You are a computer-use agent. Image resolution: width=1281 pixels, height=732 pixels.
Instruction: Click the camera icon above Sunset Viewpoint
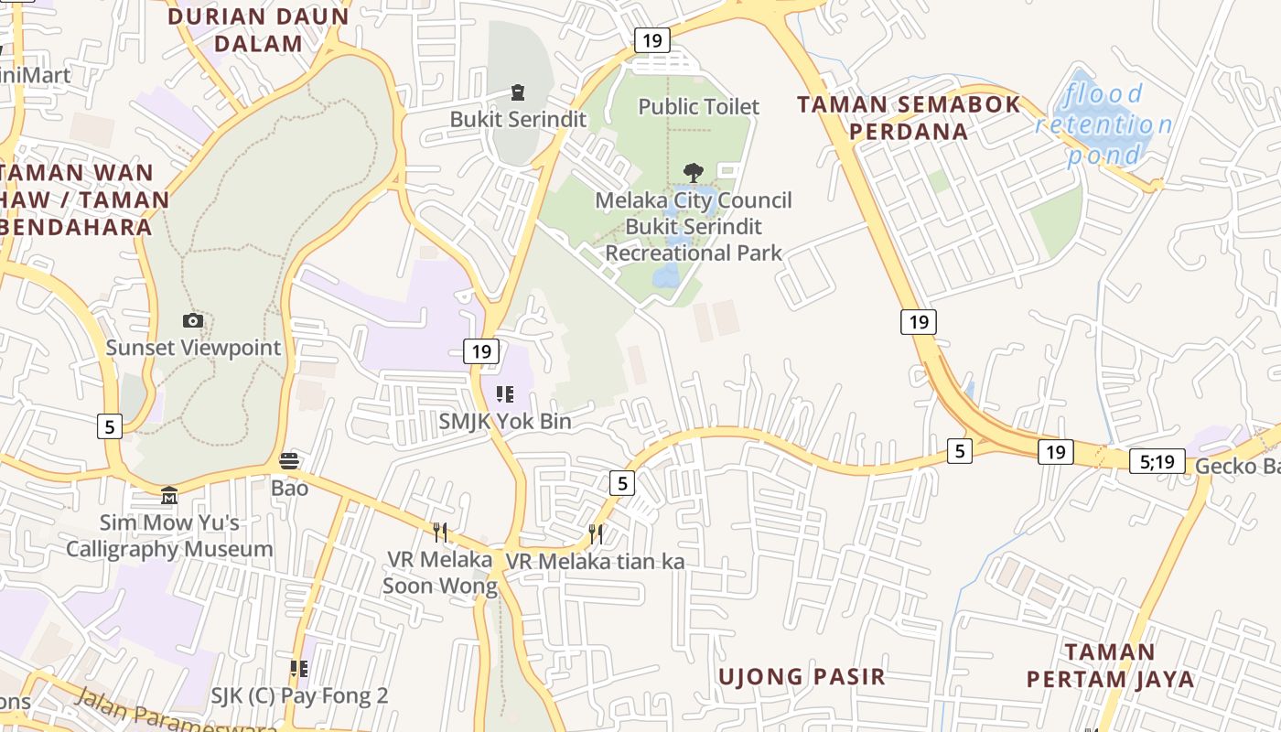(x=193, y=320)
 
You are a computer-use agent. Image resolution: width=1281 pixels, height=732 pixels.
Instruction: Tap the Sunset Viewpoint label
(x=193, y=348)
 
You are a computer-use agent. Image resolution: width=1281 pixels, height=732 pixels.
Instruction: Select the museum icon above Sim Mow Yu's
(x=169, y=496)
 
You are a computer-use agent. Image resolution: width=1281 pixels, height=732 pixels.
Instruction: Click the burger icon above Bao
(x=289, y=460)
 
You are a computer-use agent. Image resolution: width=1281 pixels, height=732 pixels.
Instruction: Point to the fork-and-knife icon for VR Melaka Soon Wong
(x=440, y=532)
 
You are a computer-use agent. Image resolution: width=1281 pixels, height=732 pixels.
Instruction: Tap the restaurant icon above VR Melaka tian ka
(x=596, y=533)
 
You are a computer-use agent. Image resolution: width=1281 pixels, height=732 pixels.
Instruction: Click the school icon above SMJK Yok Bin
(x=504, y=394)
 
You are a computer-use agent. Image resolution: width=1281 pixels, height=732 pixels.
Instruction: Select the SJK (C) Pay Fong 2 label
(x=299, y=695)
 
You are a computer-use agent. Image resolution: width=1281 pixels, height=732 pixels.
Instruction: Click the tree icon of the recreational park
(x=694, y=171)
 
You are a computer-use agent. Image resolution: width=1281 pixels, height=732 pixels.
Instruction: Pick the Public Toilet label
(x=698, y=107)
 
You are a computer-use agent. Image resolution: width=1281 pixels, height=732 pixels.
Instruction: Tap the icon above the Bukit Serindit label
(x=518, y=91)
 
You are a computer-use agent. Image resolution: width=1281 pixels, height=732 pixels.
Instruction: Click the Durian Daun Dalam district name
(x=259, y=29)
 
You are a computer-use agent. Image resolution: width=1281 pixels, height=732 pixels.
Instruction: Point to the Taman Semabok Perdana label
(x=908, y=117)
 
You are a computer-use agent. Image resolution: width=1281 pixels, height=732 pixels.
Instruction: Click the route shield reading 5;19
(x=1157, y=462)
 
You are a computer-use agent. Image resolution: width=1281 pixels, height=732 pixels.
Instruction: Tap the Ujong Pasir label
(x=802, y=676)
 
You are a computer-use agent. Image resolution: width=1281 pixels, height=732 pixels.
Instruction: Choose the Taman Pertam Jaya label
(x=1110, y=665)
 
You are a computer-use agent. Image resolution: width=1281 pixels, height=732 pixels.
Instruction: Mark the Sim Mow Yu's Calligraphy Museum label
(x=169, y=535)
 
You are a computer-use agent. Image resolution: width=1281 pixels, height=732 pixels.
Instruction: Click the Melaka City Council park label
(x=694, y=226)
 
